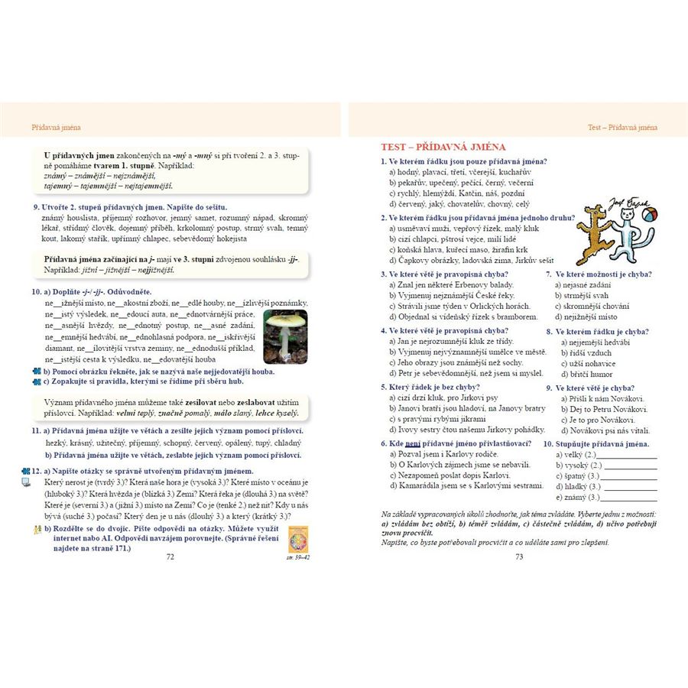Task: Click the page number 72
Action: pos(170,557)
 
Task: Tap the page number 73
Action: pos(518,557)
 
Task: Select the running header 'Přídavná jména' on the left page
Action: pos(56,128)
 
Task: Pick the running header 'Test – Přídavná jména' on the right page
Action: pos(622,128)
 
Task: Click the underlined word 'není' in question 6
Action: pos(412,443)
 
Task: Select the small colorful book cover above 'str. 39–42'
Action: pos(295,540)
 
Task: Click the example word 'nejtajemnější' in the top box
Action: pos(143,186)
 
